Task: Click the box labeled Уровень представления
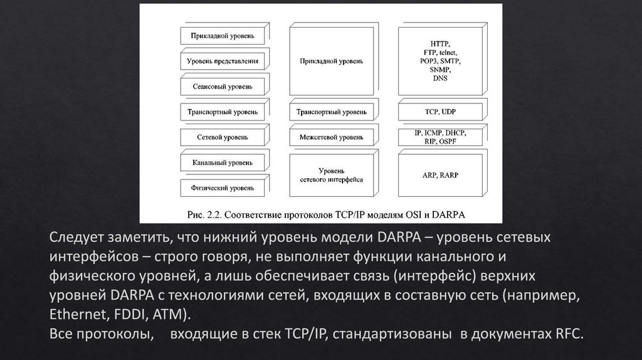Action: click(x=222, y=61)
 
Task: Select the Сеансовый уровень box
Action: click(x=222, y=86)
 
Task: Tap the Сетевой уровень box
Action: click(x=222, y=137)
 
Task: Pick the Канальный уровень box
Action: click(x=222, y=162)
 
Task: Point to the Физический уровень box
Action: click(x=222, y=187)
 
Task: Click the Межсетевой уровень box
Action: click(x=331, y=137)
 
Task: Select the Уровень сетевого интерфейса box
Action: click(x=331, y=175)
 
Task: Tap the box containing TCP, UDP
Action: click(x=440, y=112)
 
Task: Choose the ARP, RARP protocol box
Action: click(x=440, y=175)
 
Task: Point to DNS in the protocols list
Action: click(x=440, y=78)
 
